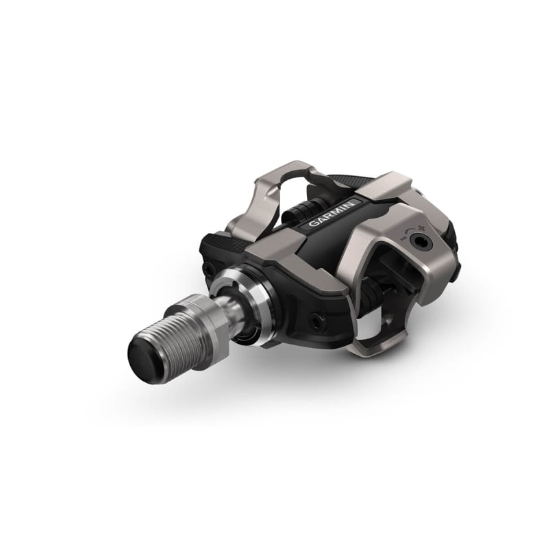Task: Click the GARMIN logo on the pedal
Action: [332, 213]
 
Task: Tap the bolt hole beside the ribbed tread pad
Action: [208, 269]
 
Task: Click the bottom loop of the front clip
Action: [373, 345]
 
